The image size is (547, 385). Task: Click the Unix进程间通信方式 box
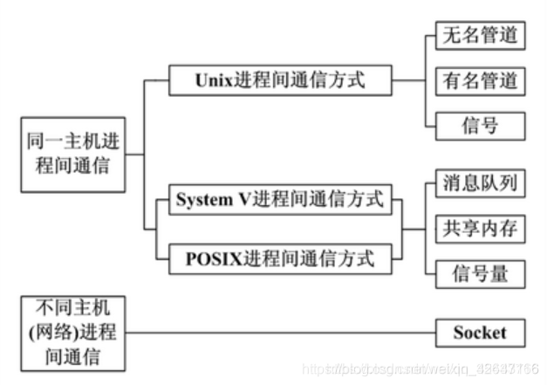(x=279, y=81)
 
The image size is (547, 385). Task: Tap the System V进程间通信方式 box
(x=279, y=199)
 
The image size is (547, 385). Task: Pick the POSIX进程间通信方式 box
(x=279, y=259)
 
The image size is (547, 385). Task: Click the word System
(x=206, y=199)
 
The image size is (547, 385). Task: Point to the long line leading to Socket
(x=279, y=333)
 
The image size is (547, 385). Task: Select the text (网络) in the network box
(x=56, y=333)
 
